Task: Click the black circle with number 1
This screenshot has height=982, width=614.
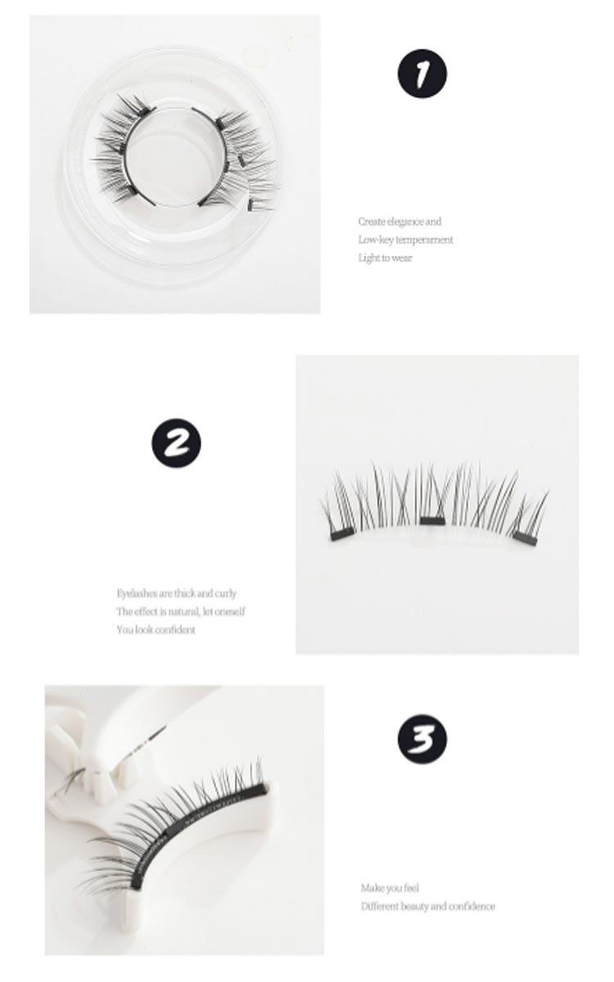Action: click(x=422, y=73)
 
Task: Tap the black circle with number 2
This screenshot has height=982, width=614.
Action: click(x=176, y=443)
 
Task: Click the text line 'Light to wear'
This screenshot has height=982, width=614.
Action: click(x=385, y=258)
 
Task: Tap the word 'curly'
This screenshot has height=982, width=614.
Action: click(x=225, y=593)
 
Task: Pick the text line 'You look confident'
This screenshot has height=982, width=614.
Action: click(x=156, y=630)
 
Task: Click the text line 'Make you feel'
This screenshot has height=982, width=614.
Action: click(x=390, y=888)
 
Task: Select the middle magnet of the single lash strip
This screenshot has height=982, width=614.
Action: click(x=432, y=520)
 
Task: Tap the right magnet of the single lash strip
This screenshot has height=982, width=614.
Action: click(x=526, y=538)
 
